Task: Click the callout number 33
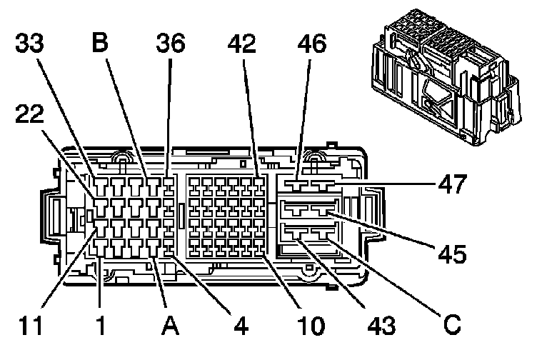29,43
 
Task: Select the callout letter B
100,42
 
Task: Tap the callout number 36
171,43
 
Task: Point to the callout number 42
242,44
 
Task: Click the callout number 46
312,44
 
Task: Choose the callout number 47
453,184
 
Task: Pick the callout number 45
453,254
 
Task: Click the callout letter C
452,324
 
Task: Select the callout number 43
382,325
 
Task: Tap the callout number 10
311,325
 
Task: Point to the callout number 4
241,325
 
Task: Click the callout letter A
170,325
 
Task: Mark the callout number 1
101,325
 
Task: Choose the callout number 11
30,325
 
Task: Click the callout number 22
29,114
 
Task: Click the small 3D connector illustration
446,77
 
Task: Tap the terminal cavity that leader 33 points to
101,186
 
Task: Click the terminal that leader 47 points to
322,186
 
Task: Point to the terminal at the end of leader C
322,234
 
